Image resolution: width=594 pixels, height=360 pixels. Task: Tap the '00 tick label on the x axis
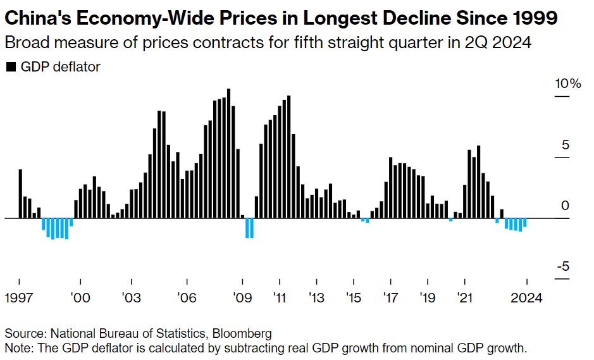(x=80, y=297)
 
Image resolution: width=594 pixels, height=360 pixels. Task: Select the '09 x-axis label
(x=242, y=297)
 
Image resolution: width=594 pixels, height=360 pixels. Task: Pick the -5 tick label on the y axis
(x=563, y=266)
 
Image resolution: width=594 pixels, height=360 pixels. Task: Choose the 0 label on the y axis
(x=566, y=206)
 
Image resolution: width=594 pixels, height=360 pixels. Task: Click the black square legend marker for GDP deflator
(x=10, y=67)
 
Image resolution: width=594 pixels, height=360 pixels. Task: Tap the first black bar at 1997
(x=20, y=194)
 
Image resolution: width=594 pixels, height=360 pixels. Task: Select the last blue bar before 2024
(x=524, y=223)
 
